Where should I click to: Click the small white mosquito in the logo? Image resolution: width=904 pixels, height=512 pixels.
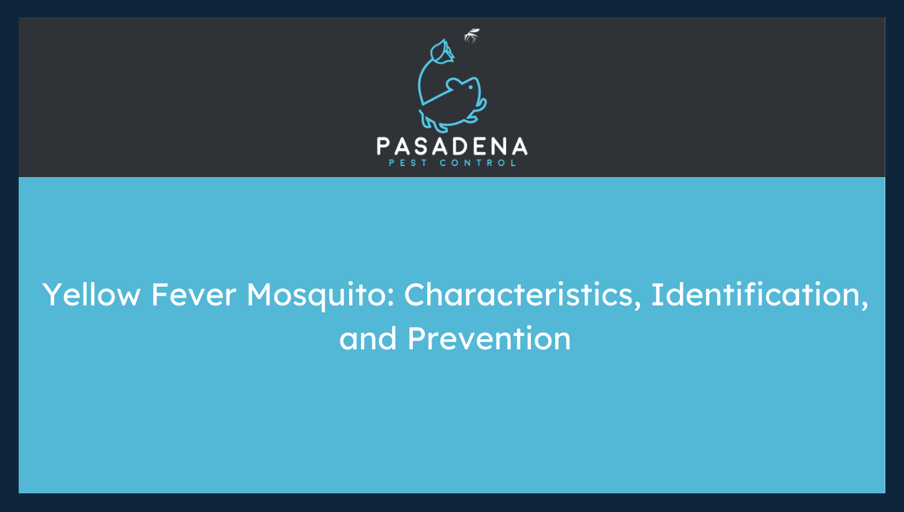tap(471, 36)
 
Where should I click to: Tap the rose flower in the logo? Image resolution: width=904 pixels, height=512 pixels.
tap(441, 52)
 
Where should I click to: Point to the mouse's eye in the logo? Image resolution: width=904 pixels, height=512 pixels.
tap(470, 87)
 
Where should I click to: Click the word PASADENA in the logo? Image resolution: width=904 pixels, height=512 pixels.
tap(452, 146)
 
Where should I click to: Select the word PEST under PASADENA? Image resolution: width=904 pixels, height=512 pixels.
tap(408, 163)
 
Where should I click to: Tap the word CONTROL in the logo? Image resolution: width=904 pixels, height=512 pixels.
tap(478, 163)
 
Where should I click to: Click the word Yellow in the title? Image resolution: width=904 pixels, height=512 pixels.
tap(91, 295)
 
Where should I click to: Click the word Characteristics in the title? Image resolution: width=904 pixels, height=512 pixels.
tap(519, 295)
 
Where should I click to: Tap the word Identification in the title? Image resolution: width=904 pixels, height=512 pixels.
tap(756, 295)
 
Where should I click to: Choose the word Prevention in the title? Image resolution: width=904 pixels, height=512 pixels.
tap(489, 339)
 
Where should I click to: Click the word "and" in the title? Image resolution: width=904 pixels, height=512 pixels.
tap(367, 339)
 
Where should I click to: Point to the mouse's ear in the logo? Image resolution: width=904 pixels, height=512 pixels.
tap(453, 84)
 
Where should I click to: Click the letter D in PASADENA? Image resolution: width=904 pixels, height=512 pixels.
tap(454, 146)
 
